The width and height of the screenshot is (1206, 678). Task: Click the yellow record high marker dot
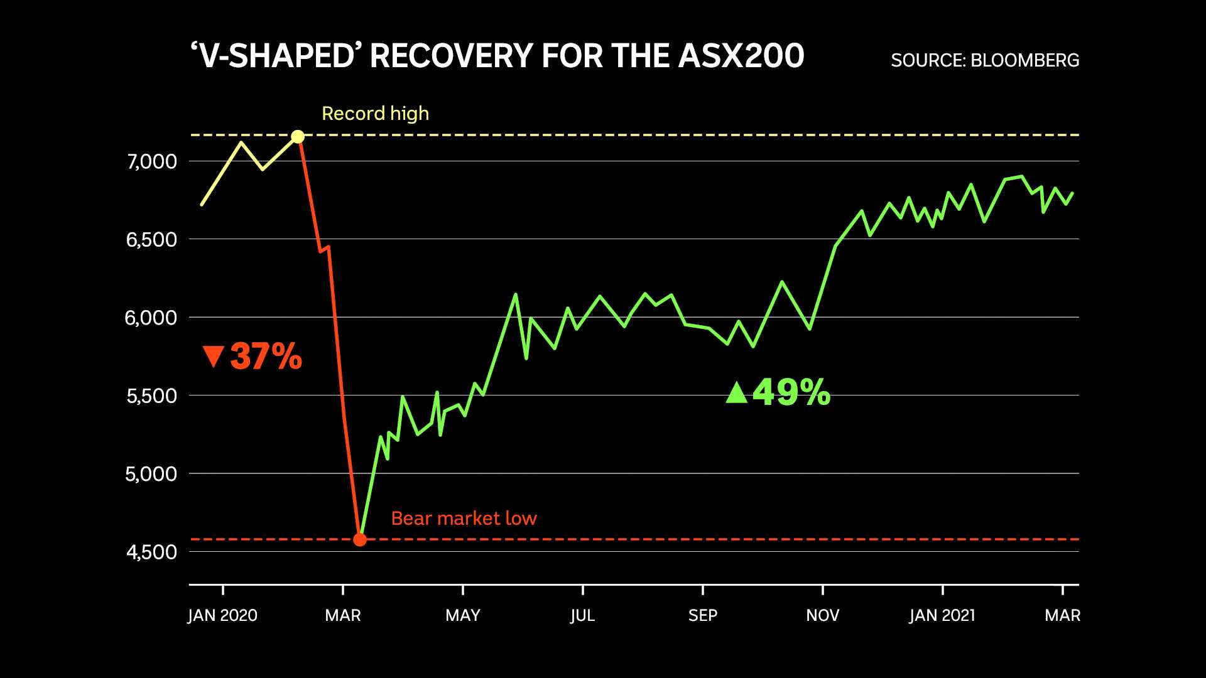(298, 136)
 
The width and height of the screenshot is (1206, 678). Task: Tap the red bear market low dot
(359, 539)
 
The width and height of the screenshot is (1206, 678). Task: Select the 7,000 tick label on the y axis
(152, 162)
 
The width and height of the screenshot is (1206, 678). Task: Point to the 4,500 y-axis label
(152, 552)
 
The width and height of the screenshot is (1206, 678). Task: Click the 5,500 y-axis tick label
(152, 396)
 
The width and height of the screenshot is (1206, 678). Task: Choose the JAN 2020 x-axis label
(222, 615)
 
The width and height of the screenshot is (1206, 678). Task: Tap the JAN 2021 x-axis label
(942, 615)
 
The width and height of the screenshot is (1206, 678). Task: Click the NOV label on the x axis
(822, 615)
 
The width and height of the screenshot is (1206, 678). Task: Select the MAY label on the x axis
(463, 615)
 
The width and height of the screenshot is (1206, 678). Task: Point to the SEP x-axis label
(702, 615)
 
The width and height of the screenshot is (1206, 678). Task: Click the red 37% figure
(266, 357)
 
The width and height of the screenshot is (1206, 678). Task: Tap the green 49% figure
(791, 392)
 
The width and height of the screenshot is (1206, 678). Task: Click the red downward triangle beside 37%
(214, 356)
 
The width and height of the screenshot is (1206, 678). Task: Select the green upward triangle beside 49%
(737, 392)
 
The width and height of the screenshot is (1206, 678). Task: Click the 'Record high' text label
(375, 114)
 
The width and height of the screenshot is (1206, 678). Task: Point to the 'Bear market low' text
(464, 519)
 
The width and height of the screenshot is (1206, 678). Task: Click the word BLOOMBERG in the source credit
(1024, 60)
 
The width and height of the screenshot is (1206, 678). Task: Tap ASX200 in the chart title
(741, 56)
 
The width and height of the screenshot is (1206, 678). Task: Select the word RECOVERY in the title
(451, 56)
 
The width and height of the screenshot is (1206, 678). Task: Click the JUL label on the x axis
(582, 615)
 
